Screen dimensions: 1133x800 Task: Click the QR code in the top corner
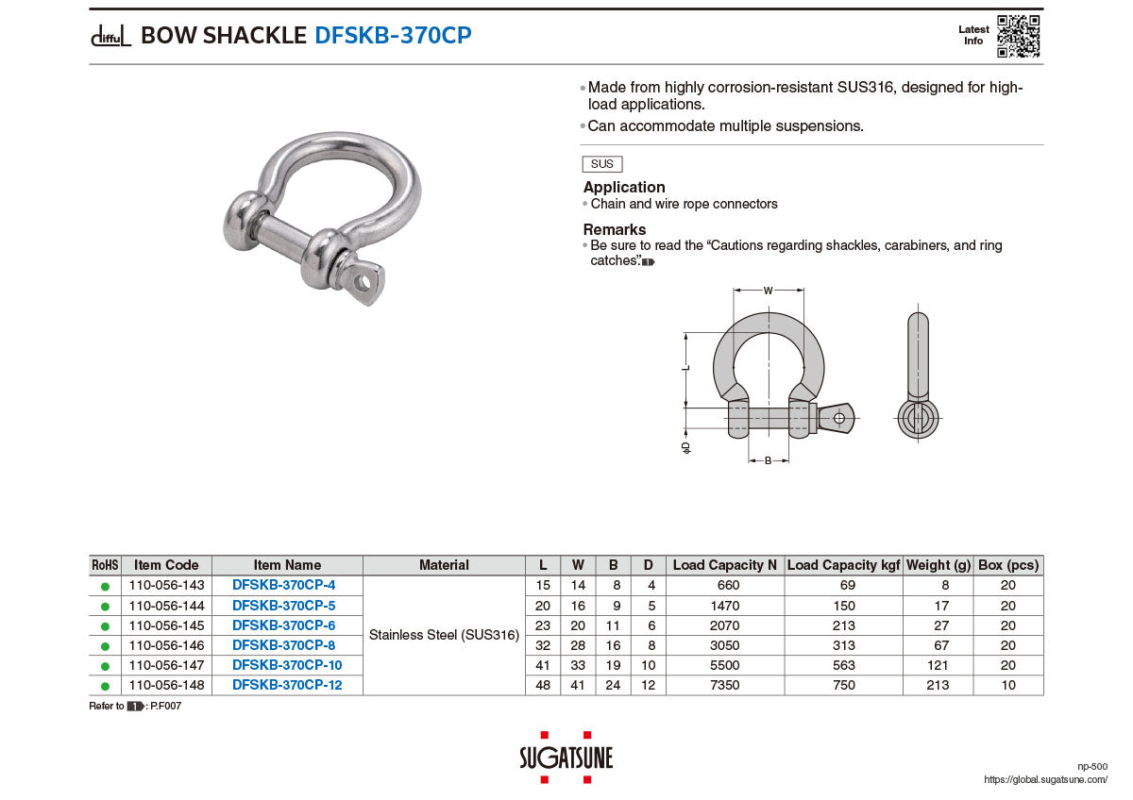(x=1018, y=36)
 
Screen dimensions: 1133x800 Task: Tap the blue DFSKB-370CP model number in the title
(x=393, y=35)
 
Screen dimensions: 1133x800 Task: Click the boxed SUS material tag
(x=602, y=164)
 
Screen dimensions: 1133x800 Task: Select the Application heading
(x=624, y=187)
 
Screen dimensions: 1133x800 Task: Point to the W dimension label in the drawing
(x=768, y=291)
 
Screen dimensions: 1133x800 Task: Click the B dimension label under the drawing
(x=768, y=460)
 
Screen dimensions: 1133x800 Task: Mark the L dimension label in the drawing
(x=685, y=367)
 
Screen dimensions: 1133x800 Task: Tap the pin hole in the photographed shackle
(x=363, y=284)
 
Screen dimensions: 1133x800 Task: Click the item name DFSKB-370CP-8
(x=283, y=645)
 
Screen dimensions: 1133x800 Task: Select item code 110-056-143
(x=166, y=585)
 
